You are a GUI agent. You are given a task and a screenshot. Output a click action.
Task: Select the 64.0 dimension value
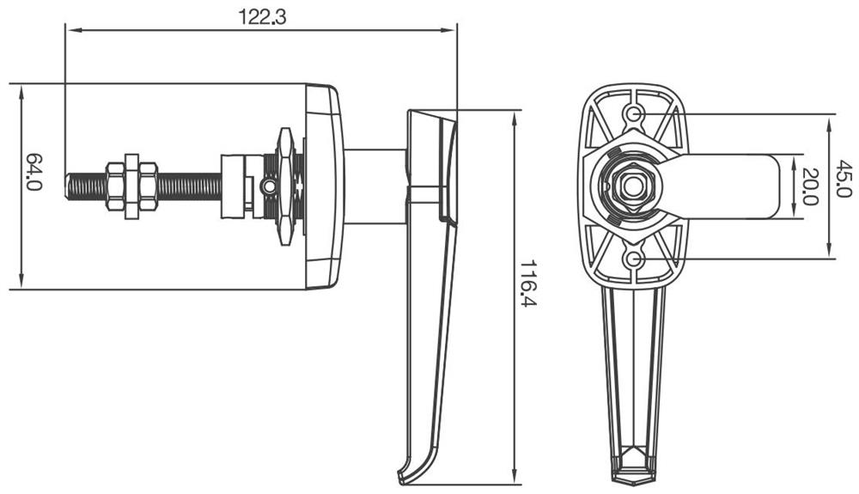pos(34,173)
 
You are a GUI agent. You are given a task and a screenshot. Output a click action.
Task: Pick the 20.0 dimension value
pos(808,183)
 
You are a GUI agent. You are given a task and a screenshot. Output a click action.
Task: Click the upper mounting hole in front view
pos(635,113)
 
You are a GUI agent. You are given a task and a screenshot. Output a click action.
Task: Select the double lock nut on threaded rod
pos(131,186)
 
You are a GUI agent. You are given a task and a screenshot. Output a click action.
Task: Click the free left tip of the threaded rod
pos(69,186)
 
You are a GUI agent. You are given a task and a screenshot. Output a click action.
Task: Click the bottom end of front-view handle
pos(634,473)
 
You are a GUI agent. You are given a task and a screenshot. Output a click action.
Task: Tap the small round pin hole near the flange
pos(269,186)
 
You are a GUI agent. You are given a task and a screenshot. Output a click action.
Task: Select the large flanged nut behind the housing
pos(284,186)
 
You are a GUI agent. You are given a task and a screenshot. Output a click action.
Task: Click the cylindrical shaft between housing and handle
pos(375,186)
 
